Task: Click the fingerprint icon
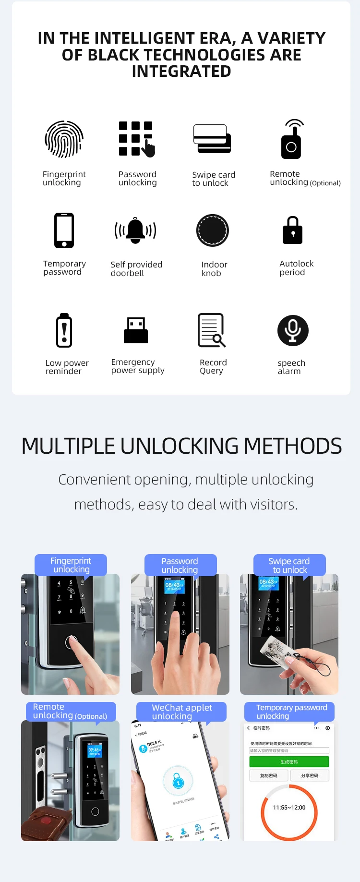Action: (64, 139)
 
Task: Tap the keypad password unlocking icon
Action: (136, 139)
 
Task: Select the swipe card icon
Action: (212, 139)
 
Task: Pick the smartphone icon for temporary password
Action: (64, 230)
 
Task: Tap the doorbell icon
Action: (136, 230)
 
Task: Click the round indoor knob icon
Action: (213, 230)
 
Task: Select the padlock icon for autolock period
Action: (292, 230)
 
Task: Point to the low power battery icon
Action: (64, 330)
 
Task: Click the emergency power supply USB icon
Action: (136, 330)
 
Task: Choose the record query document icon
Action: (211, 330)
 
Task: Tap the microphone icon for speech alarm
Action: (293, 330)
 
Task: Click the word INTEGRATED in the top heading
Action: (181, 72)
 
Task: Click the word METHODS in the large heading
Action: (293, 446)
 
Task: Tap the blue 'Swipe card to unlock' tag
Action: (289, 565)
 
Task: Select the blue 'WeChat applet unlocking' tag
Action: (181, 712)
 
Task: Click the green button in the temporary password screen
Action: (289, 761)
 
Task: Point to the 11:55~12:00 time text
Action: (289, 808)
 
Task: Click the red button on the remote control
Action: (46, 821)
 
